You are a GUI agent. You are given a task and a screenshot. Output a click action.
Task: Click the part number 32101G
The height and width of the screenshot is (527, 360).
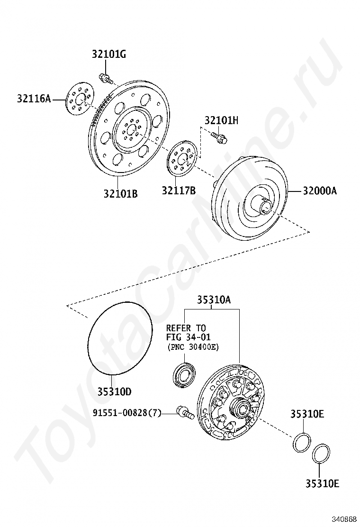click(x=109, y=55)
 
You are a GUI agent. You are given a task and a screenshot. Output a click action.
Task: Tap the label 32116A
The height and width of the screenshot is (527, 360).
click(x=34, y=99)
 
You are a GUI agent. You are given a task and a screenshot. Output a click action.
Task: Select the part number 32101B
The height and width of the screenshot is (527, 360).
click(x=120, y=193)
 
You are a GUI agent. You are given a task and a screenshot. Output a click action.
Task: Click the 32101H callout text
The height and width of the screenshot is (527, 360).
click(x=221, y=120)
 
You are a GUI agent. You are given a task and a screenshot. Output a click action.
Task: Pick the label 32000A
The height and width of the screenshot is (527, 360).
click(x=320, y=191)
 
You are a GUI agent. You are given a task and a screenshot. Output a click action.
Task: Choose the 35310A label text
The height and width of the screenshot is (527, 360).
click(x=214, y=300)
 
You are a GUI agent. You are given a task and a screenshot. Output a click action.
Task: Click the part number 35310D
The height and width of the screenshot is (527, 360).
click(x=115, y=391)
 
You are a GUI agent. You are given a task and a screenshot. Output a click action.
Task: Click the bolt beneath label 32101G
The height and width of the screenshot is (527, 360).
click(x=105, y=78)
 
